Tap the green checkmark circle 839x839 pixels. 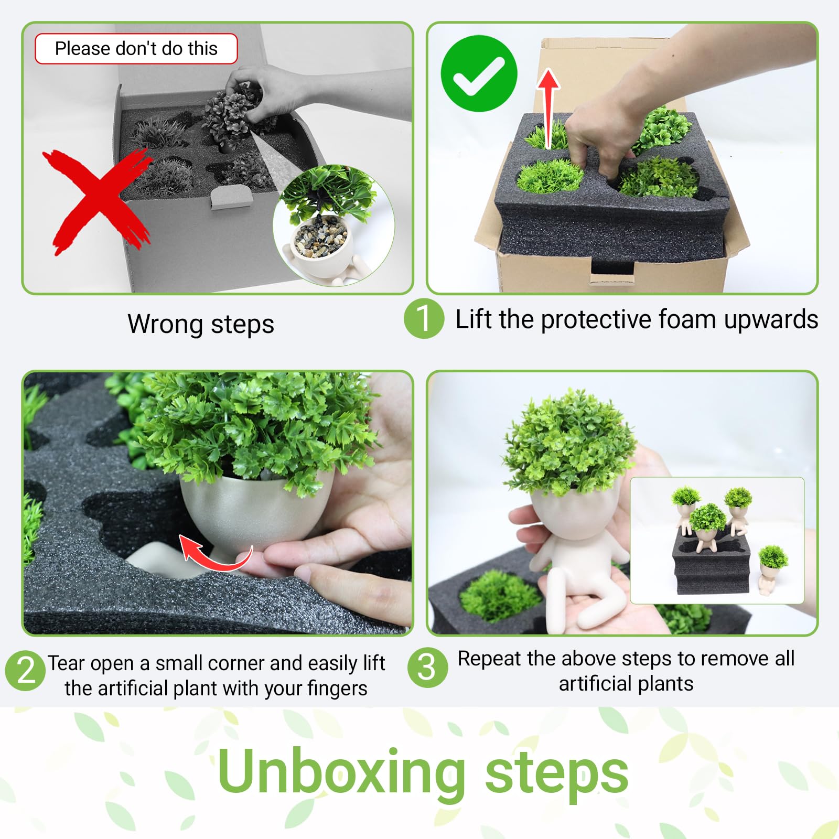point(479,73)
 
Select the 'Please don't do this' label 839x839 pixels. point(136,49)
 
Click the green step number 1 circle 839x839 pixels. point(424,318)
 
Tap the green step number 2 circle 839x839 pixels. point(25,670)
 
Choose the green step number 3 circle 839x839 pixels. point(428,668)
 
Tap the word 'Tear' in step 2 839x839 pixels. point(66,663)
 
